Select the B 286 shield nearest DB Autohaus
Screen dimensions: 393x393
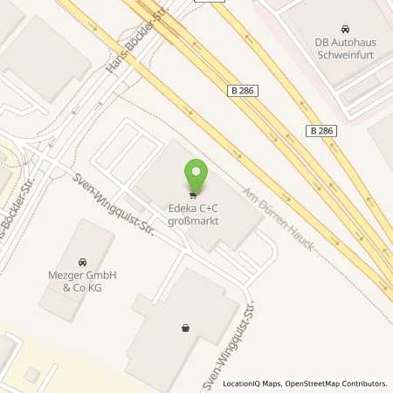[321, 130]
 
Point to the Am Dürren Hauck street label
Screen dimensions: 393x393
[277, 219]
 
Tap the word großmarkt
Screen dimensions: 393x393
[193, 222]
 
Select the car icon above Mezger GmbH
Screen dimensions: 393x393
[82, 261]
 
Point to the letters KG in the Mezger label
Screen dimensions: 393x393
[107, 287]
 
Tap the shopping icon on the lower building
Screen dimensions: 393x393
[185, 328]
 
